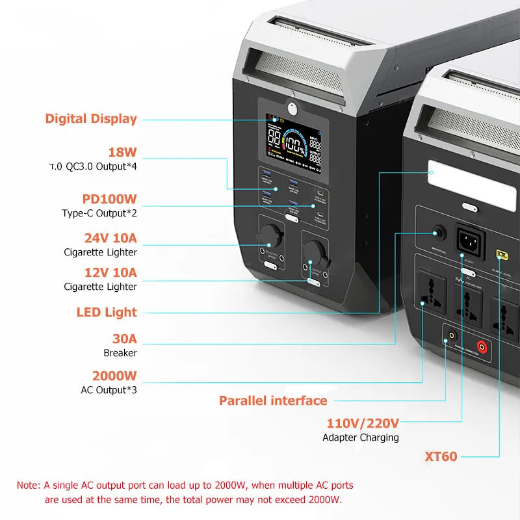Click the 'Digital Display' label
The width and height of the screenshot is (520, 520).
pyautogui.click(x=91, y=119)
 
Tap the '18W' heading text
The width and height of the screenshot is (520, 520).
pyautogui.click(x=123, y=153)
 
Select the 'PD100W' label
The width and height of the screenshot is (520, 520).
pyautogui.click(x=109, y=199)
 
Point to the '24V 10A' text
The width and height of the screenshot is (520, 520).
pyautogui.click(x=110, y=239)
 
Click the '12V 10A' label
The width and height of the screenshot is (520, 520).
pyautogui.click(x=110, y=272)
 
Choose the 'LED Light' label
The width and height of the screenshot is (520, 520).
pyautogui.click(x=107, y=313)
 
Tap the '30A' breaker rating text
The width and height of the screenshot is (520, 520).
pyautogui.click(x=124, y=339)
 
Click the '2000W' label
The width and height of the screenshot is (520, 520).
pyautogui.click(x=114, y=376)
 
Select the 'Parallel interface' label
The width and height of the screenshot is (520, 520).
pyautogui.click(x=273, y=400)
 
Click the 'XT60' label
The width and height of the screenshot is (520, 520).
pyautogui.click(x=441, y=456)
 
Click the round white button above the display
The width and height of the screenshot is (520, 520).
pyautogui.click(x=292, y=109)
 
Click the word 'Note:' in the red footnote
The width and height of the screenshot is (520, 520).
pyautogui.click(x=29, y=485)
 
